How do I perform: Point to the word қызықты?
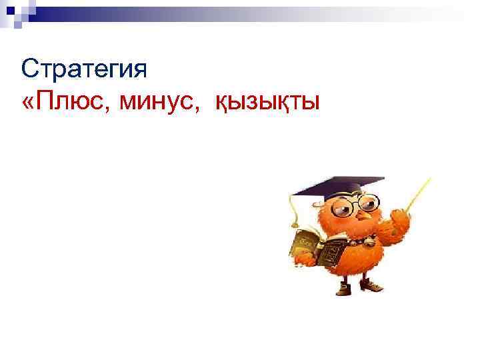(267, 103)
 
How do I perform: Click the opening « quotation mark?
(27, 104)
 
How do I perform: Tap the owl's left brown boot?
(343, 287)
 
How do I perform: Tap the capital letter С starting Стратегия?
(29, 69)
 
